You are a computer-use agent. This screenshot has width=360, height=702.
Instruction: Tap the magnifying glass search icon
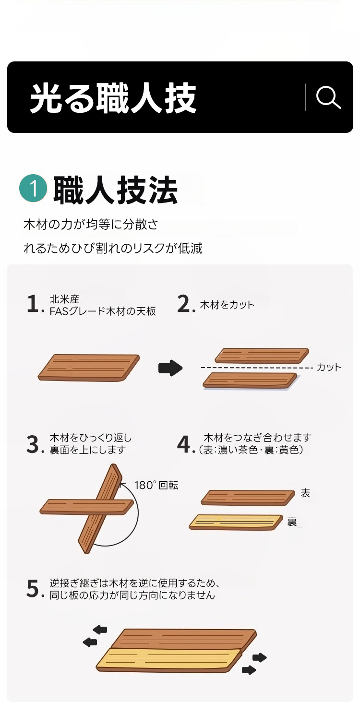coord(328,97)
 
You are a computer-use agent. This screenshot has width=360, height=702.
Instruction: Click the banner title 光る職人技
coord(113,98)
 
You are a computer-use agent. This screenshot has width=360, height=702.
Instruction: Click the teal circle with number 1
coord(33,188)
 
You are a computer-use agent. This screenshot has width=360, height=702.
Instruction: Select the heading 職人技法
coord(115,190)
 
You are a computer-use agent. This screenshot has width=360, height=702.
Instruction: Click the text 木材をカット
coord(227,305)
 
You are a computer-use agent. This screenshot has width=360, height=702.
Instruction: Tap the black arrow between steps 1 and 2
coord(170,368)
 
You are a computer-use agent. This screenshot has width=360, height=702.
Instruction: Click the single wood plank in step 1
coord(89,368)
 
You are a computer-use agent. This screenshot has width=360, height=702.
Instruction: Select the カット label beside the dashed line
coord(329,367)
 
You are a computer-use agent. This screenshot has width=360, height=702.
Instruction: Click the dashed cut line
coord(257,368)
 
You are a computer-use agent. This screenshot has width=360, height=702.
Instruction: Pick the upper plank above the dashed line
coord(262,356)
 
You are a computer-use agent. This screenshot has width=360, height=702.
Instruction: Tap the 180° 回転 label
coord(156,485)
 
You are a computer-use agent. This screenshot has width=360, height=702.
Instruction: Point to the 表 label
coord(305,493)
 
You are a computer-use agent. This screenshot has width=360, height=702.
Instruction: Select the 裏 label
coord(292,522)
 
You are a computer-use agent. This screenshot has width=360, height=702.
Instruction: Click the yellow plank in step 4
coord(236,522)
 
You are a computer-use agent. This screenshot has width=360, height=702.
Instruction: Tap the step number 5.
coord(33,589)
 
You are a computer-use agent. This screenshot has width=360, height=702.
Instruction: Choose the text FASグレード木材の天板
coord(103,311)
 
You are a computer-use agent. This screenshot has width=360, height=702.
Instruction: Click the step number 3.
coord(33,444)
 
